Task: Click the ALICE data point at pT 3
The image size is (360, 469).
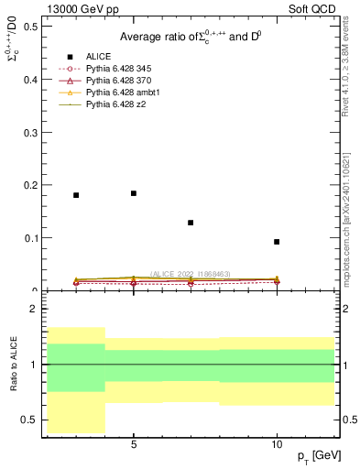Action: pos(76,195)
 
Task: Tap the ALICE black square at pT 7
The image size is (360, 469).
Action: pos(191,223)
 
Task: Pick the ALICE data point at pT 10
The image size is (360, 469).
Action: pos(277,242)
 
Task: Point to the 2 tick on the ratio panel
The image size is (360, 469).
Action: pos(33,309)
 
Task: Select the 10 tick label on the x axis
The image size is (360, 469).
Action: pos(277,443)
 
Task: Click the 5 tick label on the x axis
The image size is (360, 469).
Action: pos(134,443)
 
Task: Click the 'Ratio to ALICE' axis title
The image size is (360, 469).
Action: pos(14,364)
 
